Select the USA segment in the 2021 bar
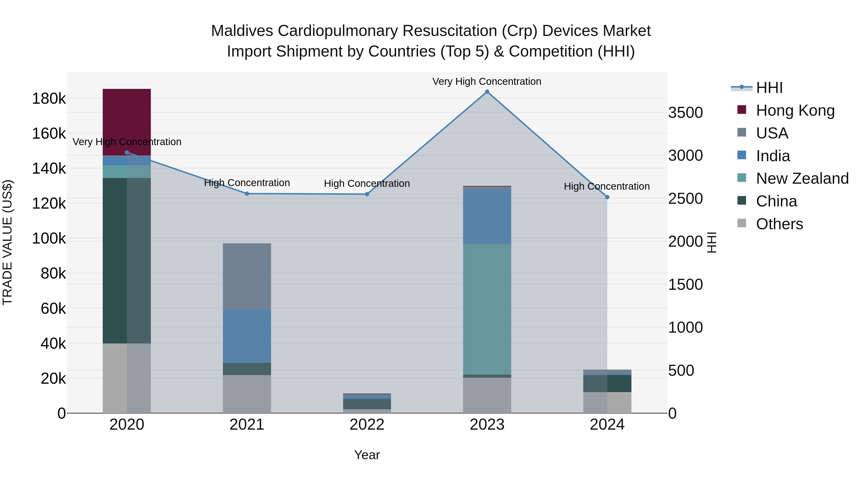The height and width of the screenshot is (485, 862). click(247, 276)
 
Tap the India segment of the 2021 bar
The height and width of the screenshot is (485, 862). click(247, 336)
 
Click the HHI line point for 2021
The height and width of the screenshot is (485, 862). click(247, 194)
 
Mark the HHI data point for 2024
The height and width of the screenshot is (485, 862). click(607, 197)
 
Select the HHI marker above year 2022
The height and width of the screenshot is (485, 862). click(367, 194)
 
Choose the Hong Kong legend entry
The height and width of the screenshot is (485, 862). click(795, 110)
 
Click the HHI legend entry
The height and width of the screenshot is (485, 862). click(769, 88)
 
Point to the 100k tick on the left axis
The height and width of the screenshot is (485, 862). click(49, 239)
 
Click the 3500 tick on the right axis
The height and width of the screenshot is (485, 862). click(685, 113)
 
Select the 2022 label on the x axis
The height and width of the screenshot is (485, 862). click(367, 425)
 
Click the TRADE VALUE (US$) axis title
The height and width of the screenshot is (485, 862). click(7, 242)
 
